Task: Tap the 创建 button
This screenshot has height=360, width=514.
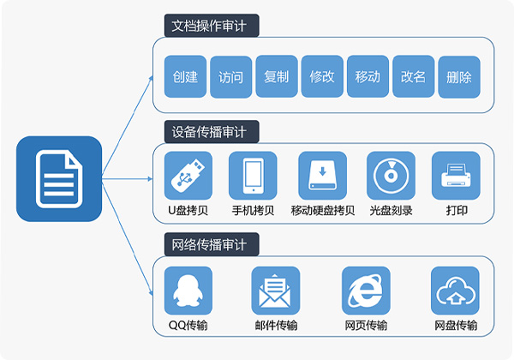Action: pyautogui.click(x=184, y=77)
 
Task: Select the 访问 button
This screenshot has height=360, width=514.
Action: pyautogui.click(x=230, y=77)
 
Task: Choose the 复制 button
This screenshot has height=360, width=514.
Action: pyautogui.click(x=276, y=77)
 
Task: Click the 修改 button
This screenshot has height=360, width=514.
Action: pyautogui.click(x=322, y=77)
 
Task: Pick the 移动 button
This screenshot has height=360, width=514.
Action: pyautogui.click(x=368, y=77)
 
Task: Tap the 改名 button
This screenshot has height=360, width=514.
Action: pyautogui.click(x=413, y=77)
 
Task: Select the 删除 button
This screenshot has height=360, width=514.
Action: pyautogui.click(x=458, y=77)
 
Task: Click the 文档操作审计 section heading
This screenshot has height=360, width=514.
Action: pyautogui.click(x=211, y=26)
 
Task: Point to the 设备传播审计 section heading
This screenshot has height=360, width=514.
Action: pyautogui.click(x=211, y=132)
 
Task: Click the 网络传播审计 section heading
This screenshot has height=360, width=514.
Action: pyautogui.click(x=211, y=245)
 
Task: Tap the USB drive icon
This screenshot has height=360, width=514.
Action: pyautogui.click(x=186, y=176)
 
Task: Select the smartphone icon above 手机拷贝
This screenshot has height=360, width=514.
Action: pyautogui.click(x=253, y=176)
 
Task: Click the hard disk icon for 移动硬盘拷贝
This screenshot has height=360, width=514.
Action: pyautogui.click(x=323, y=176)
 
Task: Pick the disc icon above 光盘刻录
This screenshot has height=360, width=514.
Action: pyautogui.click(x=391, y=176)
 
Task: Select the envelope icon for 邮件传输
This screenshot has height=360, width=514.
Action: pyautogui.click(x=276, y=290)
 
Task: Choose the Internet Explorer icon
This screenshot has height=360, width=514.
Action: pyautogui.click(x=366, y=290)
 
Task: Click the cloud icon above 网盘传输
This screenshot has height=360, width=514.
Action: pyautogui.click(x=455, y=290)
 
